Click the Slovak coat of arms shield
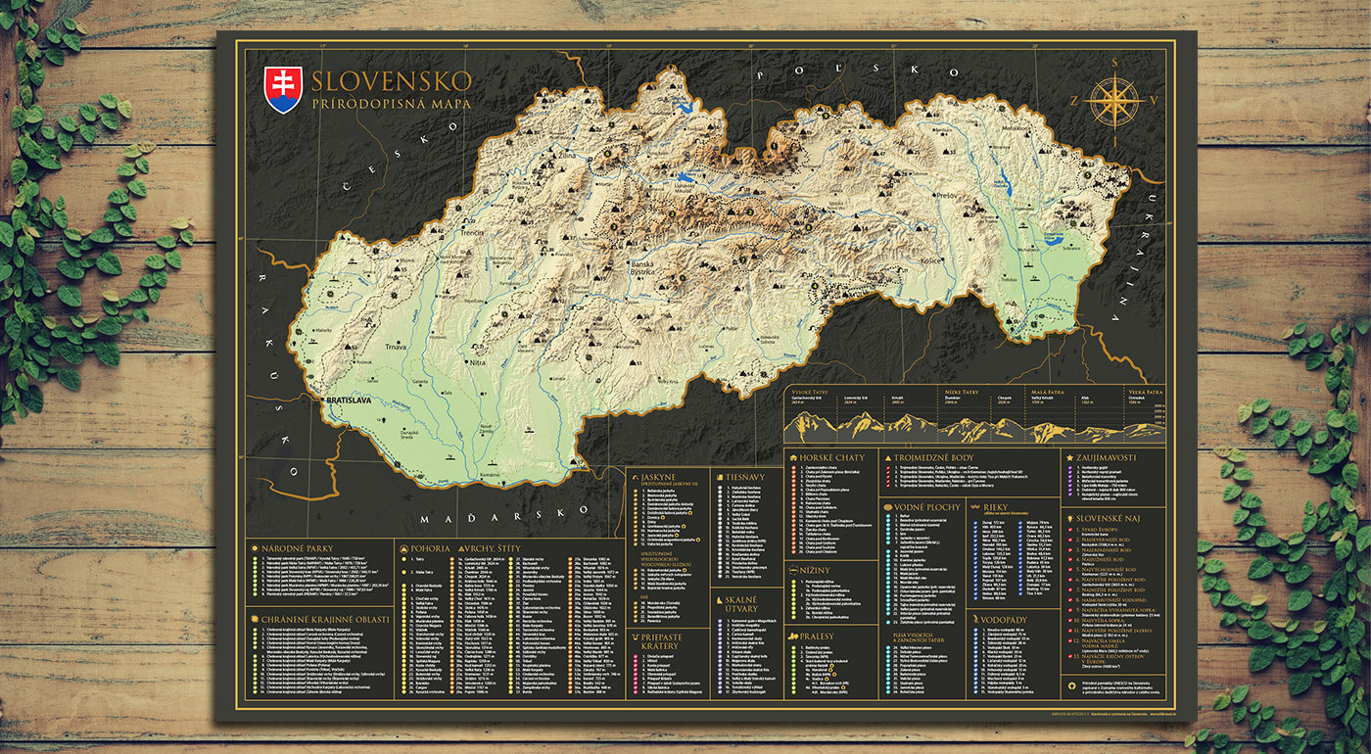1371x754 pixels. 284,90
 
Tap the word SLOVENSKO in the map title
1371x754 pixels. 392,80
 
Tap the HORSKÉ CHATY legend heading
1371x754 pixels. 831,457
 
